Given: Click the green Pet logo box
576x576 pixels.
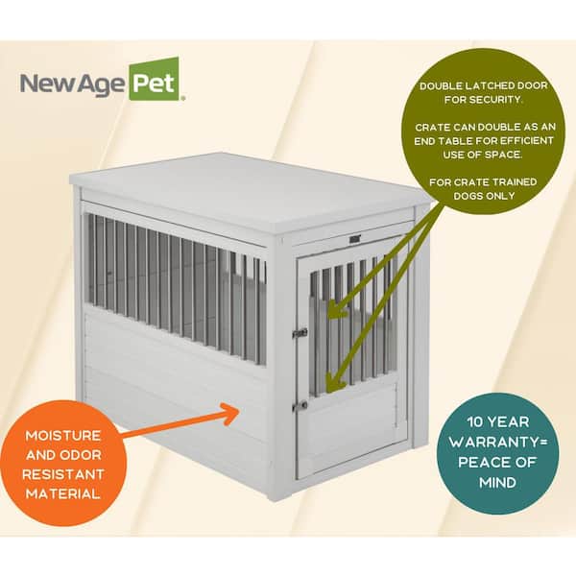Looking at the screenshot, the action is [x=154, y=80].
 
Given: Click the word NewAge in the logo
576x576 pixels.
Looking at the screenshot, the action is [x=72, y=83].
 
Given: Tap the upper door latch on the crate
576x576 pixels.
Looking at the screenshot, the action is [x=300, y=333].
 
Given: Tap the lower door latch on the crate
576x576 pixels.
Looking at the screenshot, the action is [x=300, y=405].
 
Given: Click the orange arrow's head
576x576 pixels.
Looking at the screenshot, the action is [x=231, y=414].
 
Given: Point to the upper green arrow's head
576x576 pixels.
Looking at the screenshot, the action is [x=336, y=308].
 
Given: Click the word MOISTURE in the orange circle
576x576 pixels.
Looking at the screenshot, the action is [x=63, y=436].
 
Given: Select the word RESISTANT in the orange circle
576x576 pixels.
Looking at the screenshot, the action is [x=63, y=474].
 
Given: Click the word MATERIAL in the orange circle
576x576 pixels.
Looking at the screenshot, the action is [x=63, y=493].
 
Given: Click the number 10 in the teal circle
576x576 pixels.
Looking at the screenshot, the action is [x=475, y=422].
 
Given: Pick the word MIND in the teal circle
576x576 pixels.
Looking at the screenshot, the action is [x=497, y=482].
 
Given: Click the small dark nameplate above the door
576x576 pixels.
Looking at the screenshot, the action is [x=355, y=239].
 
